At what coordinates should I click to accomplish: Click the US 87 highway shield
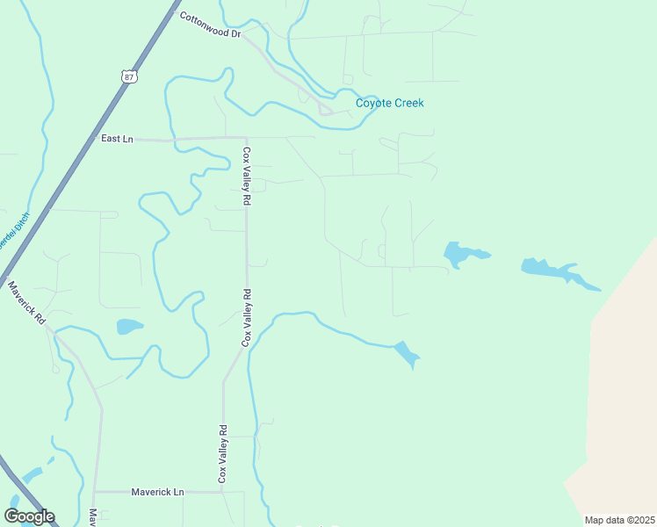129,76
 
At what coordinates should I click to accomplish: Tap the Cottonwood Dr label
210,25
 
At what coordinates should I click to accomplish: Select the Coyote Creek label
389,104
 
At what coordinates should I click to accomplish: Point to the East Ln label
116,139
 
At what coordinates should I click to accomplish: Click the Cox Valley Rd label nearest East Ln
247,176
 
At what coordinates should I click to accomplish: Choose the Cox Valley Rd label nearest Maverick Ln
223,453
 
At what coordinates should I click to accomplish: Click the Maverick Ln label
157,492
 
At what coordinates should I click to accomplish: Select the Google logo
29,516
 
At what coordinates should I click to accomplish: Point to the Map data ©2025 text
618,520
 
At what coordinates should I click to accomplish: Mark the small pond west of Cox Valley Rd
128,327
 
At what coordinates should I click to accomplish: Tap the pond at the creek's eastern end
407,354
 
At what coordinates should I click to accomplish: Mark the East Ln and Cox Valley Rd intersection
246,139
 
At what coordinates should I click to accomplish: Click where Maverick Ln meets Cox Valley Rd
223,492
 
